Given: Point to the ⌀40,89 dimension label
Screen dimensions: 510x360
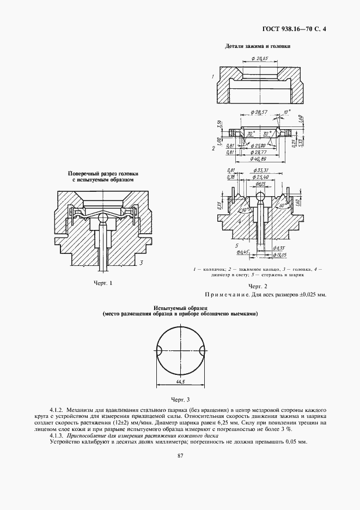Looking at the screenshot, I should (x=257, y=159).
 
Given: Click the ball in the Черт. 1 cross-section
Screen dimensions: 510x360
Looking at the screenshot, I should (x=102, y=219).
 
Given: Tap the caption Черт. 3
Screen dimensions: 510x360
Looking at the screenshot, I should (x=180, y=400).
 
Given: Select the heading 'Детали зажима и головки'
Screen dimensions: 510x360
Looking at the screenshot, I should (x=258, y=46).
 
